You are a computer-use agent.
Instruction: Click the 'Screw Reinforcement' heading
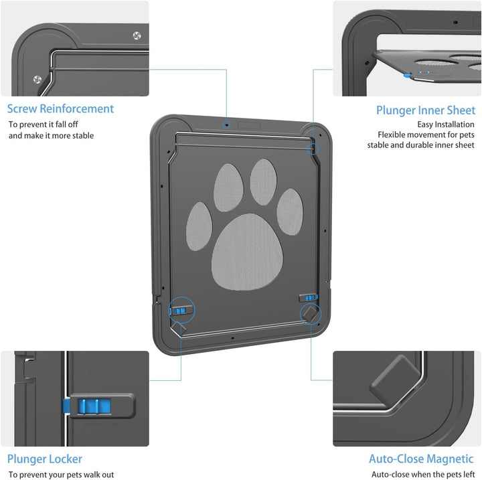(60, 109)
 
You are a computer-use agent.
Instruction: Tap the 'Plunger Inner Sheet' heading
(426, 110)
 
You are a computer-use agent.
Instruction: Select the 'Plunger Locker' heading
(45, 459)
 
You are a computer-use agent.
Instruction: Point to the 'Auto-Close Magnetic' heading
(421, 459)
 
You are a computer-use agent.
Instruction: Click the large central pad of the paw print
(247, 252)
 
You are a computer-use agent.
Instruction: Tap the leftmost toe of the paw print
(199, 226)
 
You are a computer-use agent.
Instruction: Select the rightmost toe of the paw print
(290, 212)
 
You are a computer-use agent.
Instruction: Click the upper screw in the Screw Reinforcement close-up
(137, 35)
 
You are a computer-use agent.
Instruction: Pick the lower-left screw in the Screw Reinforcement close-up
(37, 80)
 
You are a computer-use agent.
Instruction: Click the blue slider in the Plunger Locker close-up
(94, 406)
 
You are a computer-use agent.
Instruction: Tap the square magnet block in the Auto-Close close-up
(396, 380)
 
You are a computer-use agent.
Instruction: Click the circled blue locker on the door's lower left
(180, 311)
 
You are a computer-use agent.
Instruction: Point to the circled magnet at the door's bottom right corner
(310, 314)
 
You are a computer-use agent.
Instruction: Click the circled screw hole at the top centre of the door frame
(227, 125)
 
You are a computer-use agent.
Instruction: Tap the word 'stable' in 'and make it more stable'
(83, 136)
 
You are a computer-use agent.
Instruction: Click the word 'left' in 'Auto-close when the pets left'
(469, 475)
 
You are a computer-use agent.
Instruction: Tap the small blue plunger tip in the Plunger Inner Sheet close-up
(407, 75)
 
